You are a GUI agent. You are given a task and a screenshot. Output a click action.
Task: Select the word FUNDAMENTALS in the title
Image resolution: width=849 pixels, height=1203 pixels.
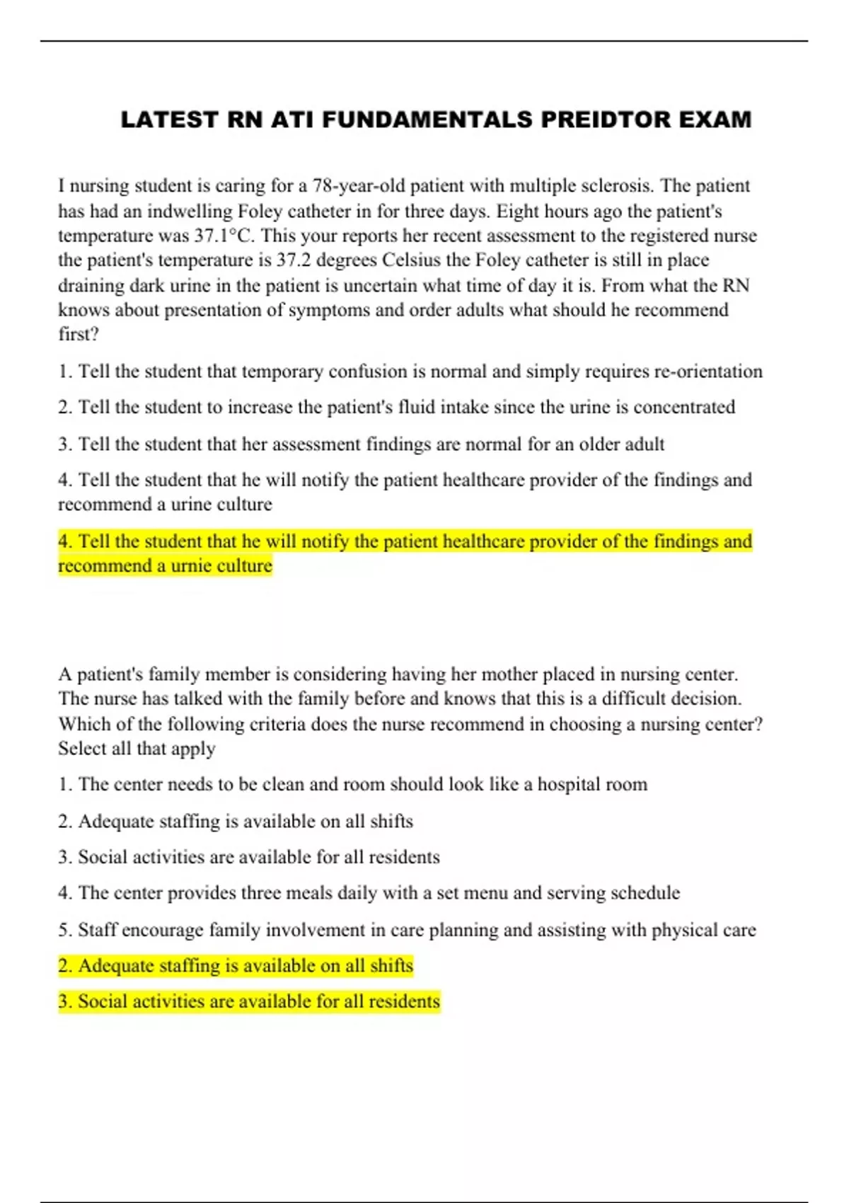[427, 120]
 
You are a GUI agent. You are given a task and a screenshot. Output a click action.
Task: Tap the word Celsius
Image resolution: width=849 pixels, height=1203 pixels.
[412, 260]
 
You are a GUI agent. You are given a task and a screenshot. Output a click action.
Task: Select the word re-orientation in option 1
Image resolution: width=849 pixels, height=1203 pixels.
[707, 372]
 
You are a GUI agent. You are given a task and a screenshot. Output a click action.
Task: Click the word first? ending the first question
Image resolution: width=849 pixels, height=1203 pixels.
[79, 334]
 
